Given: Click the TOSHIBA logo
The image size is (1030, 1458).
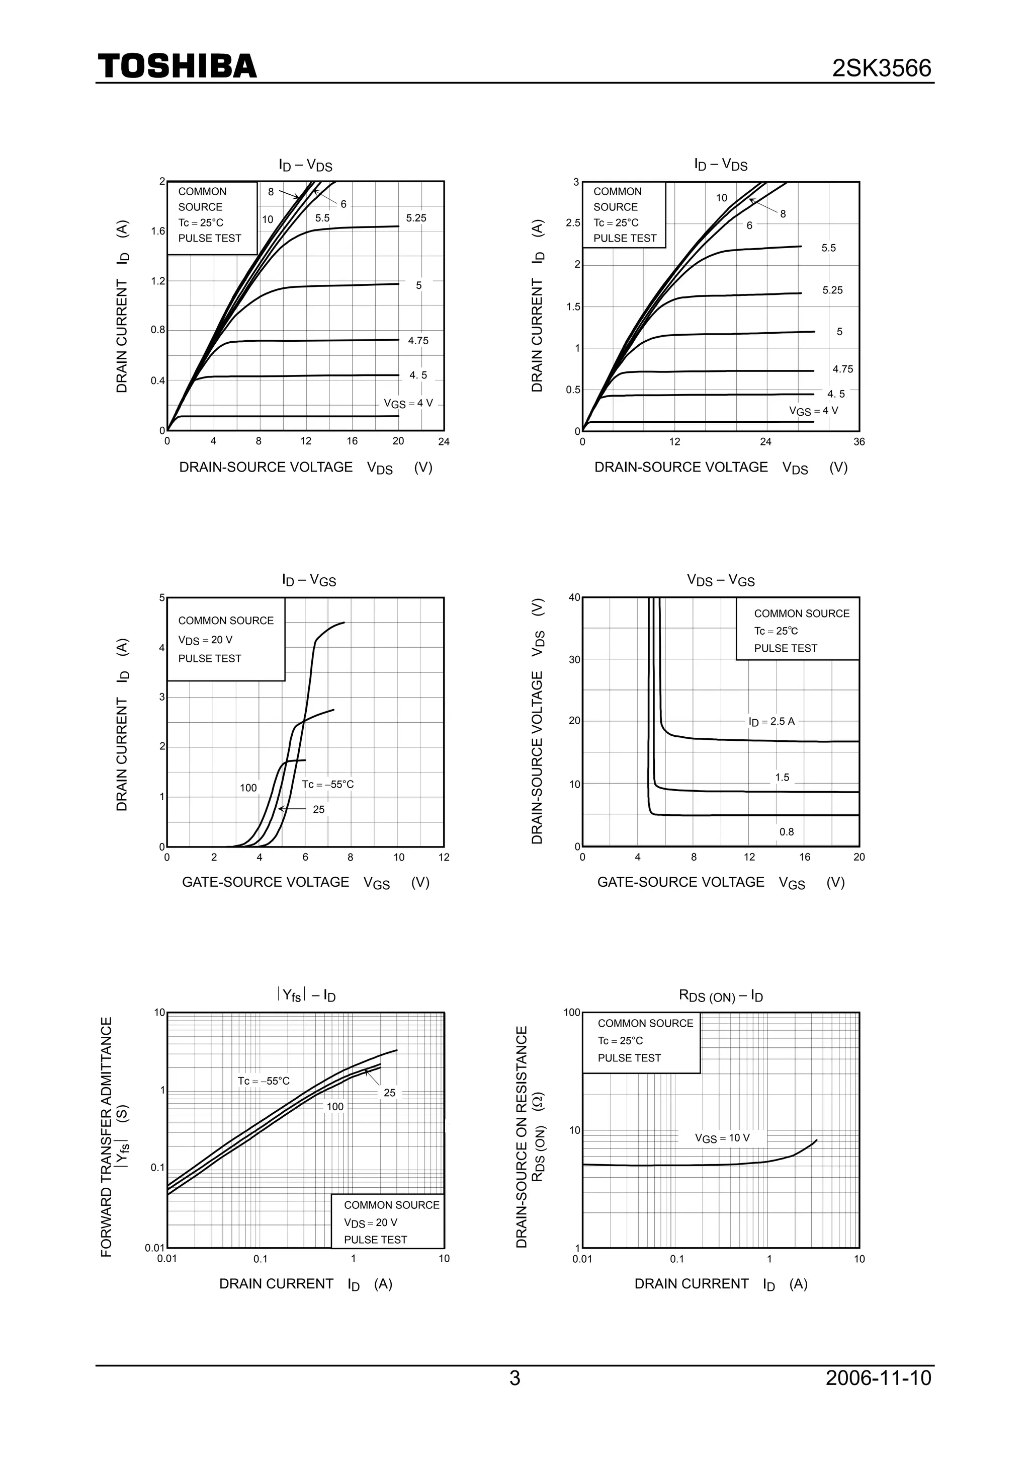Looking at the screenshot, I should point(177,66).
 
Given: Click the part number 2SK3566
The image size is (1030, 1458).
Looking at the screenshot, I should point(882,68).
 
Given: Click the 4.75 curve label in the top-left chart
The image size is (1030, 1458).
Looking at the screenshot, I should point(418,341).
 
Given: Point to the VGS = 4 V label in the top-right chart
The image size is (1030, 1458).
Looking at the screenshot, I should point(813,411).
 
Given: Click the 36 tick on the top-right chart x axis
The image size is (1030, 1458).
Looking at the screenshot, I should point(859,442).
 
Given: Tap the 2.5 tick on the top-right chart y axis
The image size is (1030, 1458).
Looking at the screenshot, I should point(573,223).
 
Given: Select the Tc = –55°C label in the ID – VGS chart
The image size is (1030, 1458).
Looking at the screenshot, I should point(327,784).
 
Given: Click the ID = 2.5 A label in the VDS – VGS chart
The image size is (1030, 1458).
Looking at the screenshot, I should point(771,721).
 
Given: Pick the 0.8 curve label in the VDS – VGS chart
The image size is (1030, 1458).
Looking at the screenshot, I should point(786,832).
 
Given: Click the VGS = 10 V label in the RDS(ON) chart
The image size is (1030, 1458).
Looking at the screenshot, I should point(722,1138).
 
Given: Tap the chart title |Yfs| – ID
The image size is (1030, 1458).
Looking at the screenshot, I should point(306,995).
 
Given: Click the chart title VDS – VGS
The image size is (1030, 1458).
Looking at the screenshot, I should point(720,580).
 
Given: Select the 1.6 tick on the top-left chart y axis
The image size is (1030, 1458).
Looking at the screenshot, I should point(158,231).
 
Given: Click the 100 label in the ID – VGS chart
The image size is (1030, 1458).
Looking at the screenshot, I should point(248,788).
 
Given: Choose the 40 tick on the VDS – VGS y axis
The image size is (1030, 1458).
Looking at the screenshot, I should point(574,597).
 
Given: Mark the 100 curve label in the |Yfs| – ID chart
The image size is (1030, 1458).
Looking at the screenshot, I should point(335,1106).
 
